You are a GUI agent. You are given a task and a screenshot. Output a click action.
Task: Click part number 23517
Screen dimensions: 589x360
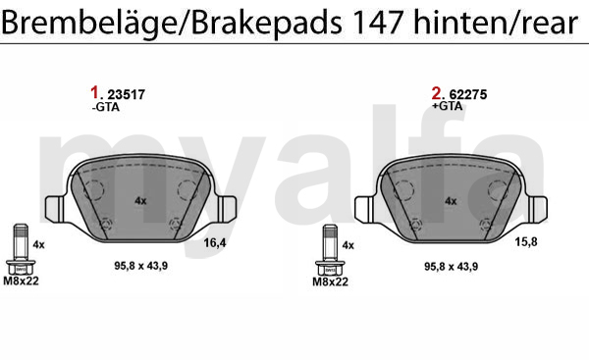coord(127,94)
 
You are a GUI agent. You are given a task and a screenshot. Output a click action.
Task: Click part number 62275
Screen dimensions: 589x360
coord(468,94)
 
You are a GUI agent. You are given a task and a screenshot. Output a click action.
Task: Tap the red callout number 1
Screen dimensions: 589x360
coord(94,93)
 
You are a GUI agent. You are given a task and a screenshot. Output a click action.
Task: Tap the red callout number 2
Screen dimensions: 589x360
coord(436,93)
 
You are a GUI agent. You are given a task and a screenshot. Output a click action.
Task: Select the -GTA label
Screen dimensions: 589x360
coord(106,107)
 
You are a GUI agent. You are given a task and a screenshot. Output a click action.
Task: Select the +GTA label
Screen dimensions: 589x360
coord(447,106)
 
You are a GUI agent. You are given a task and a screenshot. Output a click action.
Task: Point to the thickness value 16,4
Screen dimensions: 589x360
coord(215,243)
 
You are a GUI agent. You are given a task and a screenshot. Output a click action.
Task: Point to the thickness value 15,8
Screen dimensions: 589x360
coord(526,242)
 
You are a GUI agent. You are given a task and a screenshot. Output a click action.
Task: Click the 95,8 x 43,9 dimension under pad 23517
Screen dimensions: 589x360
coord(140,266)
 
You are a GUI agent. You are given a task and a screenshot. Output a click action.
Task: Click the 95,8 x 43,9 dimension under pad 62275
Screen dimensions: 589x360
coord(452,267)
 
